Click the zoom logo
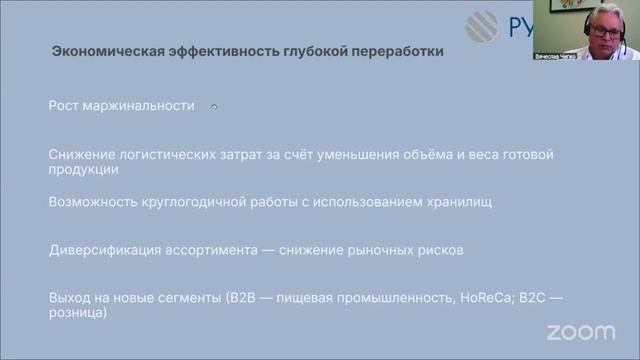[x=581, y=331]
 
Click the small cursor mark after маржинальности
[x=213, y=106]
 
